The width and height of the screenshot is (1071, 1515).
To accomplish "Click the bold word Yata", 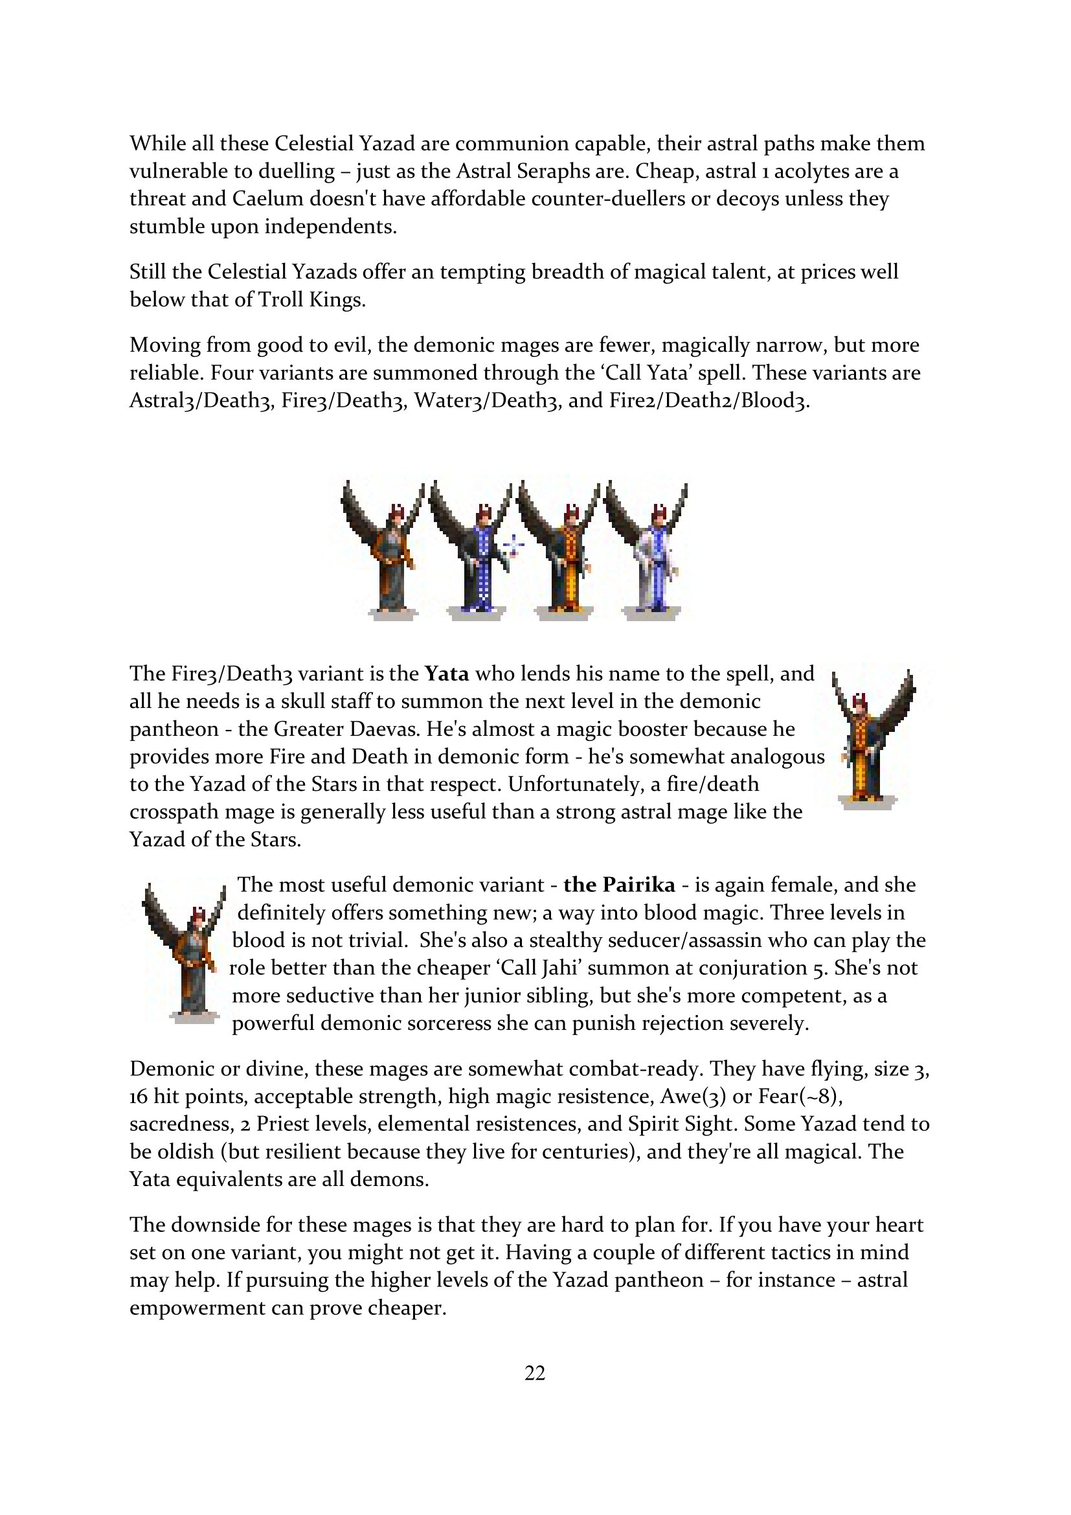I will (447, 674).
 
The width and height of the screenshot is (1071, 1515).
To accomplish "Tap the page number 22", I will (535, 1373).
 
